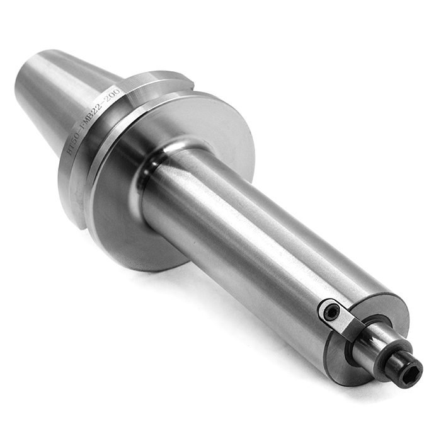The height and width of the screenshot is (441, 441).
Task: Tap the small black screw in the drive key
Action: (x=329, y=310)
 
